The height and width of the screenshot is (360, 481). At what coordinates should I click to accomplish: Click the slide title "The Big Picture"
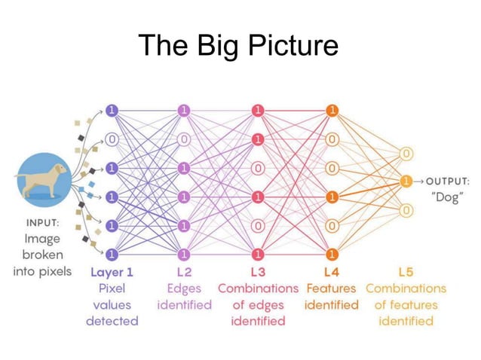(239, 46)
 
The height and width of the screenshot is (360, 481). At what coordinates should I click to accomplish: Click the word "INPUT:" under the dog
(43, 224)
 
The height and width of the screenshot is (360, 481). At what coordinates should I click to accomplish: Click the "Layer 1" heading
(112, 272)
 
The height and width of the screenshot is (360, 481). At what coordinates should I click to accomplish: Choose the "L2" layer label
(184, 272)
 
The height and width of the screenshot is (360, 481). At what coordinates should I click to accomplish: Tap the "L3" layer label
(258, 272)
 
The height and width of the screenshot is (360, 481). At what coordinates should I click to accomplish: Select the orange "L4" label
(331, 272)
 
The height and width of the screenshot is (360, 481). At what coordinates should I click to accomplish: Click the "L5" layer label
(406, 272)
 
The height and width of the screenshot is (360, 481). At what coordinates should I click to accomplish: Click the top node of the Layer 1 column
(112, 110)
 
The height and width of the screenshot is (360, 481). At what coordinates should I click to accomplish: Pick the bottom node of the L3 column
(259, 254)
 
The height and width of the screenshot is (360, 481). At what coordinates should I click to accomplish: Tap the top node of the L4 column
(331, 110)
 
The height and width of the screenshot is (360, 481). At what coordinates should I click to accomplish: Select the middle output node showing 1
(406, 182)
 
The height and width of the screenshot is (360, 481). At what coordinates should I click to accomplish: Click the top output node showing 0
(406, 154)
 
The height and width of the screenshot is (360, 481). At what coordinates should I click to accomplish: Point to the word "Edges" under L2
(184, 288)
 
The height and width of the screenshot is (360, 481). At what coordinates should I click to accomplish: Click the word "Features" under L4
(331, 288)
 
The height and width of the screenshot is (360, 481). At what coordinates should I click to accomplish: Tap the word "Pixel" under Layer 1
(112, 288)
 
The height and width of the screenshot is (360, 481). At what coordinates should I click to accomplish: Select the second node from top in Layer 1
(112, 139)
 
